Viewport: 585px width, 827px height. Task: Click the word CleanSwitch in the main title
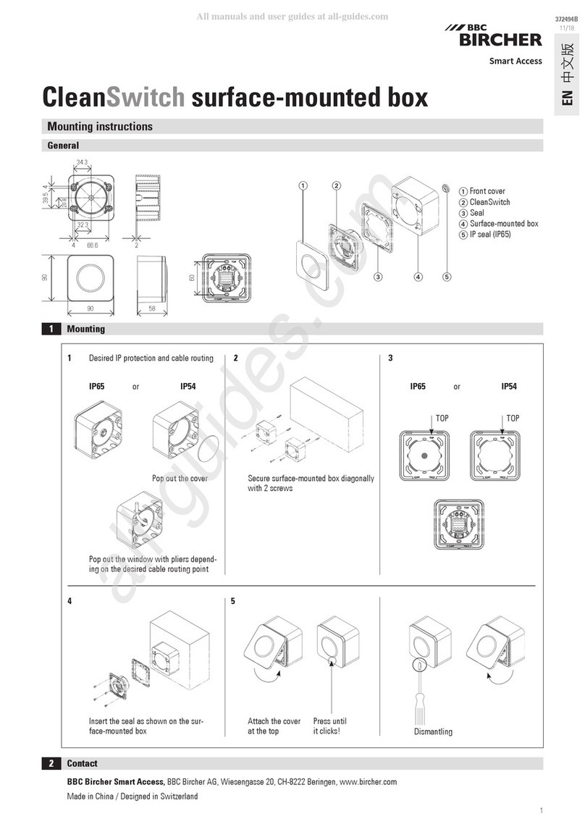click(115, 97)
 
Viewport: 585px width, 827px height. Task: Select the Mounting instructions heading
click(100, 126)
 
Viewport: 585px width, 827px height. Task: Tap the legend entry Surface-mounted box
click(503, 224)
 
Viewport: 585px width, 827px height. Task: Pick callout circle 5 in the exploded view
click(447, 276)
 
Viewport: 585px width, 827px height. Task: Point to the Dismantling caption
click(433, 731)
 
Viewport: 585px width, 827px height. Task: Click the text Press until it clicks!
click(329, 726)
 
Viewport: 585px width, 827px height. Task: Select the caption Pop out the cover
click(180, 479)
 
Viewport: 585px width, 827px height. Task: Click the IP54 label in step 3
click(509, 387)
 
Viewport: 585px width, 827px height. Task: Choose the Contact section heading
click(82, 763)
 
